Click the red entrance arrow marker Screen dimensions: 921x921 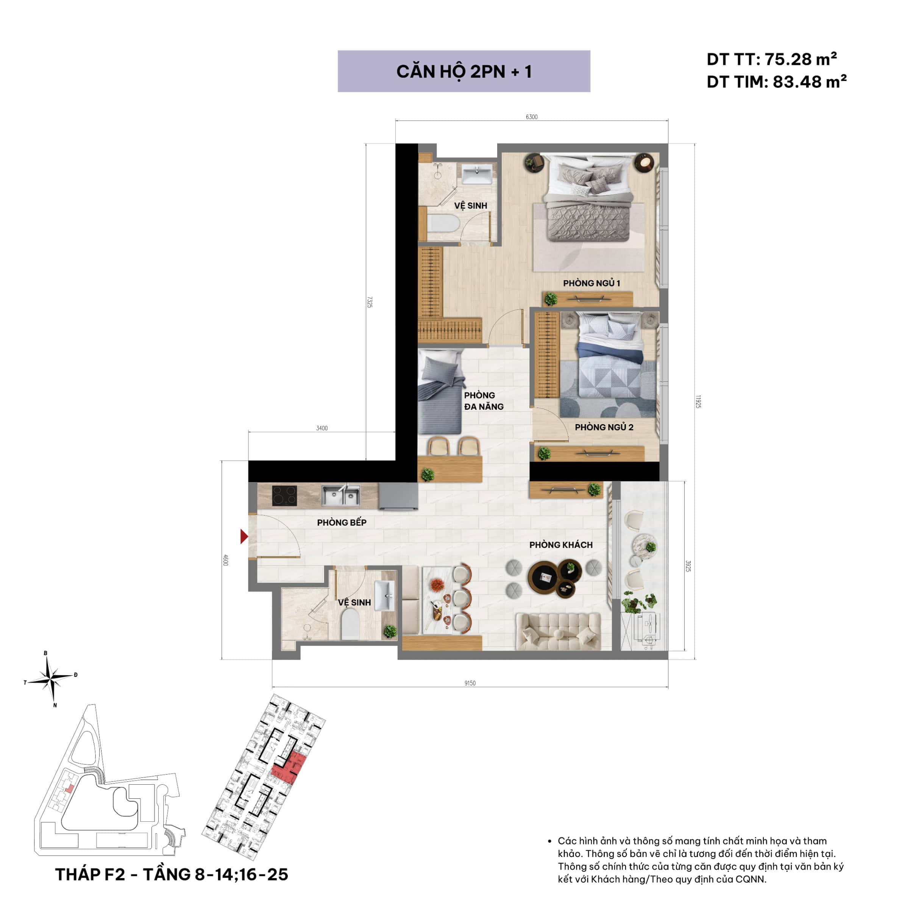[x=244, y=537]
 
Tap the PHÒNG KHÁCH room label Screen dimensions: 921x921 [x=561, y=545]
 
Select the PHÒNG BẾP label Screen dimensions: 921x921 [x=342, y=523]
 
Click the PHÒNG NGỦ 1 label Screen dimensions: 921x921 [x=592, y=283]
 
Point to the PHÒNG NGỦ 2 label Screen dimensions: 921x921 [x=604, y=427]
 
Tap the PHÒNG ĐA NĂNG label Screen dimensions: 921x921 [x=483, y=401]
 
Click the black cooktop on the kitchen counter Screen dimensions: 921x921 [x=285, y=496]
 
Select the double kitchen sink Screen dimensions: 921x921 [x=340, y=496]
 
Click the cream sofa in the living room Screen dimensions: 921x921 [x=558, y=631]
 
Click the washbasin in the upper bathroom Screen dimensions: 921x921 [x=478, y=173]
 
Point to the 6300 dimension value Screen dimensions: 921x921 [x=532, y=117]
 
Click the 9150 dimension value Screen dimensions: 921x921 [x=470, y=683]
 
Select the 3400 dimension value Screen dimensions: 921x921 [x=322, y=428]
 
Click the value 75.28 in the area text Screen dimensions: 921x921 [x=788, y=59]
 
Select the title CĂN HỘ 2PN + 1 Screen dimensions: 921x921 [x=464, y=72]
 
